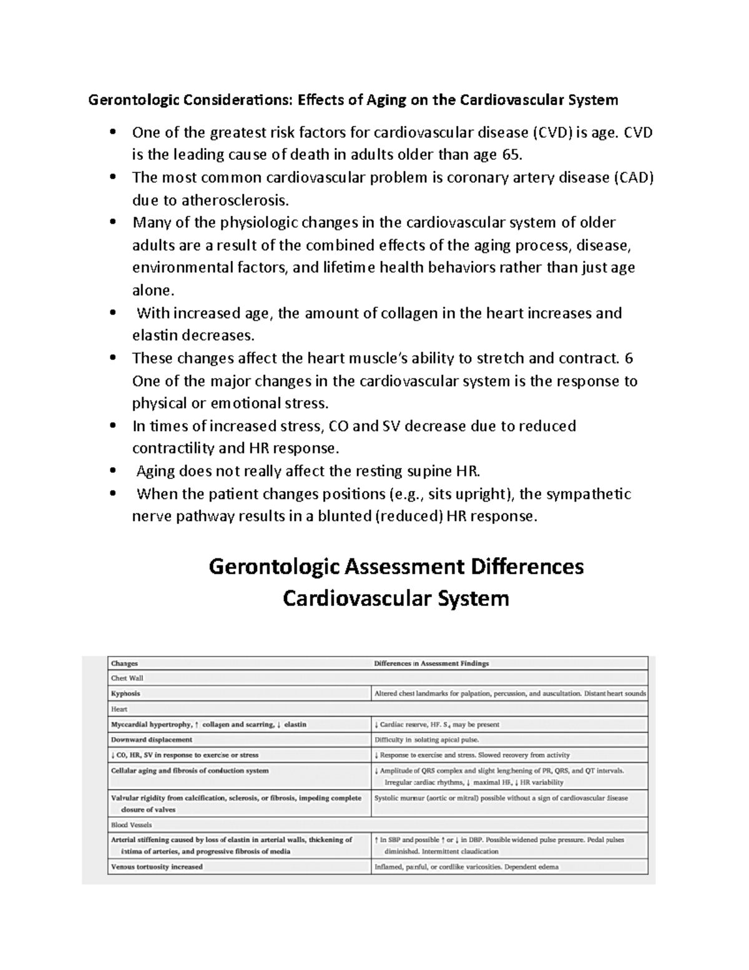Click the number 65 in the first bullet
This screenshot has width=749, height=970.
click(509, 155)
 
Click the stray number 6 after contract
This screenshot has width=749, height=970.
click(629, 358)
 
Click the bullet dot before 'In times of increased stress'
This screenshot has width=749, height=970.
click(112, 426)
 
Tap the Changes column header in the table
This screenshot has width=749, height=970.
click(124, 663)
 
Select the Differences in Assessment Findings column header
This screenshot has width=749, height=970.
click(431, 663)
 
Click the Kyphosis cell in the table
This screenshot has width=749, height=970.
click(125, 693)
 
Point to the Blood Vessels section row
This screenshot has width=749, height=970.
click(131, 824)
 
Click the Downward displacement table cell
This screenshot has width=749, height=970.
click(152, 740)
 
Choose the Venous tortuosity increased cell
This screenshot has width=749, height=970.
click(157, 867)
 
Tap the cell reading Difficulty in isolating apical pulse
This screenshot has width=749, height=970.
click(426, 740)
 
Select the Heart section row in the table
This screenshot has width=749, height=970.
click(119, 709)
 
